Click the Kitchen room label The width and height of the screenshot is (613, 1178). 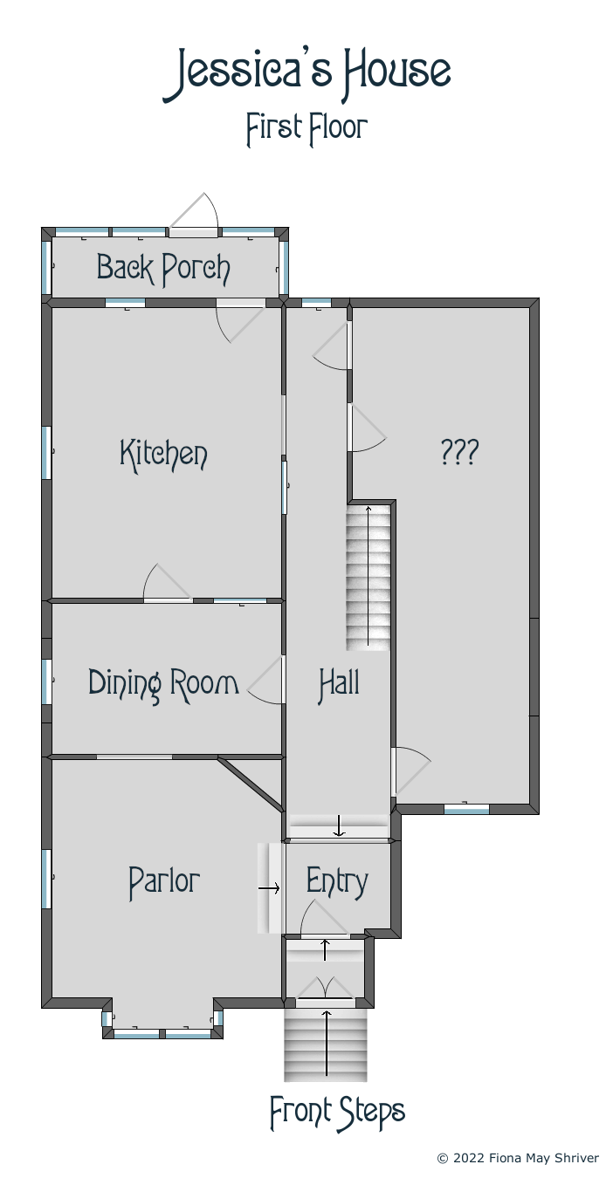click(x=163, y=455)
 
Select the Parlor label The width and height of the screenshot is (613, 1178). click(x=164, y=882)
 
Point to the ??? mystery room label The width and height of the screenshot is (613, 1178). click(x=459, y=452)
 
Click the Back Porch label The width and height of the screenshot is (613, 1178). click(x=163, y=269)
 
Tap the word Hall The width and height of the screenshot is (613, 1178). click(x=340, y=684)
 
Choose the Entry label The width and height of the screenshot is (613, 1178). click(x=337, y=882)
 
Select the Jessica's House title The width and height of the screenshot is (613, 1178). click(x=306, y=75)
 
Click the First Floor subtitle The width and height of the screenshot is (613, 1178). click(x=306, y=129)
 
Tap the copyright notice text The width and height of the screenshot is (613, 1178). click(x=518, y=1158)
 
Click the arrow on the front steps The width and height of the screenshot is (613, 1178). click(x=327, y=1043)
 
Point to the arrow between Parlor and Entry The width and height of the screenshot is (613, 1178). click(x=269, y=888)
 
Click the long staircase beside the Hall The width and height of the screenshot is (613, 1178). click(x=368, y=576)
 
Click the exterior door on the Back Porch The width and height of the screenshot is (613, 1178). click(x=194, y=215)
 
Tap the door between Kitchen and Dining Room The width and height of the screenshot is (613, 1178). click(x=168, y=582)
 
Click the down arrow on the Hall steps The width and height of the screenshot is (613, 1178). click(x=340, y=825)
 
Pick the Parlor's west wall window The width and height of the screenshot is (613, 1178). click(x=46, y=879)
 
